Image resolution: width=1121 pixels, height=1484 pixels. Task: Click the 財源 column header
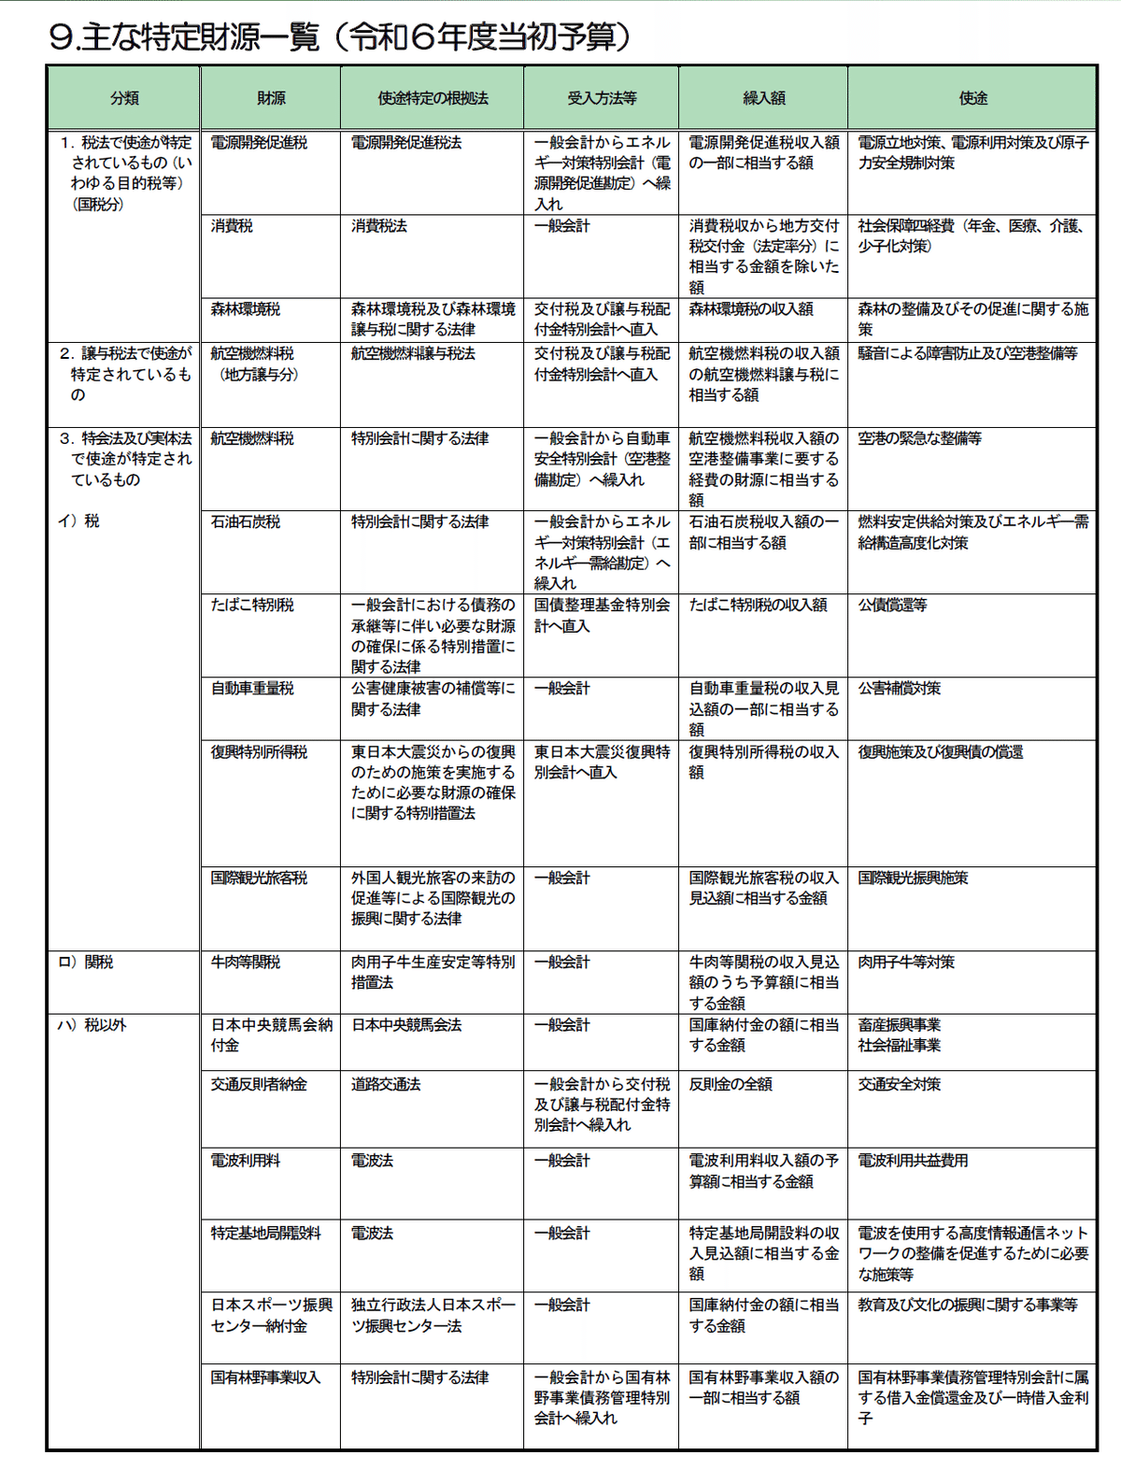point(271,98)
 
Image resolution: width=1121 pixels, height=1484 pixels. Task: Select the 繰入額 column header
point(763,98)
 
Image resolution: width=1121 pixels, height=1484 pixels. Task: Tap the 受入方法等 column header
point(602,98)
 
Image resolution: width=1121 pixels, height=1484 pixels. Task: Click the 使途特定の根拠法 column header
point(433,98)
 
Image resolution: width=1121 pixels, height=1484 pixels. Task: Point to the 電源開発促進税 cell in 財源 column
point(259,143)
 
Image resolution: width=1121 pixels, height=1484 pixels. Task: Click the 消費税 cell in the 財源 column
point(232,226)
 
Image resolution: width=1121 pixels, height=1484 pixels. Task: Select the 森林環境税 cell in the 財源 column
point(245,309)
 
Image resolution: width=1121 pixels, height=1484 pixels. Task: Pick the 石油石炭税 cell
point(245,522)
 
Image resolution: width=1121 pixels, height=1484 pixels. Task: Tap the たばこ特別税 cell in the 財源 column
point(252,606)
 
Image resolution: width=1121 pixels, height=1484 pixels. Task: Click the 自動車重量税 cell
point(252,689)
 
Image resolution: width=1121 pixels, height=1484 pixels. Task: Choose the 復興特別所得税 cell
point(259,752)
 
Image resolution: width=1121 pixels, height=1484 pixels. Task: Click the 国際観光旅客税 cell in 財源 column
point(259,878)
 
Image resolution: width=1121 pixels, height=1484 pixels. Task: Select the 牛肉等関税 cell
point(245,963)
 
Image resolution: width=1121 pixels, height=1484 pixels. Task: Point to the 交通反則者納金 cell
point(259,1085)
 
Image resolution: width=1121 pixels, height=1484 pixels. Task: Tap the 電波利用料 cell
point(245,1161)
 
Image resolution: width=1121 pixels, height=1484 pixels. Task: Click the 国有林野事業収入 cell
point(265,1377)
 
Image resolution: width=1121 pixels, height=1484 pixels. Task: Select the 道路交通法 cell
point(386,1085)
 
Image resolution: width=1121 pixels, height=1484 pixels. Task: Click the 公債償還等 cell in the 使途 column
point(892,606)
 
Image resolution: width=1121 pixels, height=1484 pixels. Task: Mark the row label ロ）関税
point(85,963)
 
